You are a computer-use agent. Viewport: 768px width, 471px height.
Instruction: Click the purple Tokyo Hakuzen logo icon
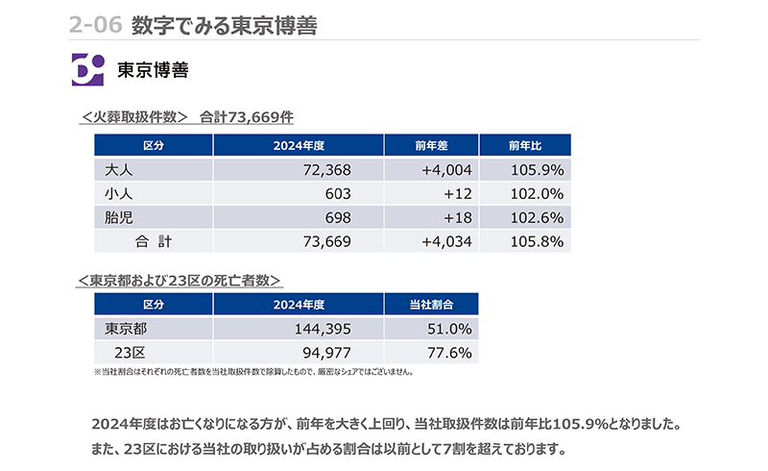coord(87,70)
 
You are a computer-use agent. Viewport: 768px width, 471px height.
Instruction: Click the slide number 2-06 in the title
coord(95,25)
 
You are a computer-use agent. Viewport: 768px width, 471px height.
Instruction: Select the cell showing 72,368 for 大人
coord(326,170)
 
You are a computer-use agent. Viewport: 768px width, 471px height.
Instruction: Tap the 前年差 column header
coord(432,145)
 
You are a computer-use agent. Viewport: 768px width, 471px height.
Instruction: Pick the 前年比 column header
coord(525,145)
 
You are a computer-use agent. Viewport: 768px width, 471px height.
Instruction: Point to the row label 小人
coord(117,194)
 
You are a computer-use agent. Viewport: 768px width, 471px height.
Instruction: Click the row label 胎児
coord(117,218)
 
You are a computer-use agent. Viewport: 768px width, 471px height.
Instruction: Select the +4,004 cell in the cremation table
coord(446,170)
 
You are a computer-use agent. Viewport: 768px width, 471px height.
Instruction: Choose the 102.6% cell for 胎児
coord(539,218)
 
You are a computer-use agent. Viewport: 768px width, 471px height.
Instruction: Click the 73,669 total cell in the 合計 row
coord(325,241)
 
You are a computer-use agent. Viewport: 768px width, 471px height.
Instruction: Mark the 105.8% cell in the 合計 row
coord(539,241)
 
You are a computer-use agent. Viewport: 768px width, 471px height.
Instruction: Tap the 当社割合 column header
coord(431,305)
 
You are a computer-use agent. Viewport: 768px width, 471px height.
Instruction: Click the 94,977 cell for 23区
coord(326,353)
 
